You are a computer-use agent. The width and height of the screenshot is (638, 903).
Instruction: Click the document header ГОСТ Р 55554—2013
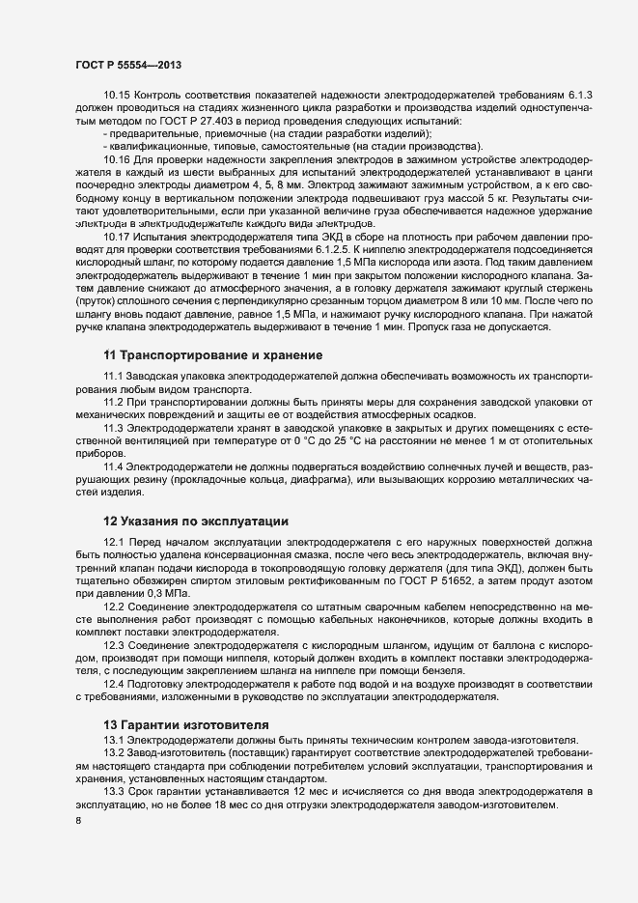pyautogui.click(x=127, y=65)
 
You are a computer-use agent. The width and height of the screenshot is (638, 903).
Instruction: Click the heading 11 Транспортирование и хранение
pyautogui.click(x=212, y=356)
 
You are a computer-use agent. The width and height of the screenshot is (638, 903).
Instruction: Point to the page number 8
pyautogui.click(x=78, y=821)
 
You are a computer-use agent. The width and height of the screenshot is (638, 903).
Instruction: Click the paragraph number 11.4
pyautogui.click(x=114, y=467)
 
